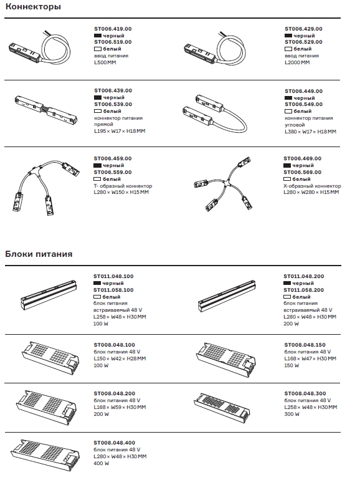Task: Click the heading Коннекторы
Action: pyautogui.click(x=33, y=7)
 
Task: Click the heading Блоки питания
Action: pyautogui.click(x=39, y=254)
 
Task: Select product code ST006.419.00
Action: pyautogui.click(x=113, y=29)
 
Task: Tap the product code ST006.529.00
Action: pyautogui.click(x=303, y=42)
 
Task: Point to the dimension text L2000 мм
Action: pyautogui.click(x=297, y=62)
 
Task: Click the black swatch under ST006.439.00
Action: pyautogui.click(x=98, y=98)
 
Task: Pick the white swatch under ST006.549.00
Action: pyautogui.click(x=288, y=111)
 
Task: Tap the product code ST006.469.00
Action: pyautogui.click(x=303, y=158)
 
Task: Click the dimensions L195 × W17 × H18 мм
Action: pyautogui.click(x=120, y=131)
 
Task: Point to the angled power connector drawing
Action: pyautogui.click(x=214, y=113)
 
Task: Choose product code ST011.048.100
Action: pyautogui.click(x=113, y=276)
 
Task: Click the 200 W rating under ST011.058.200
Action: pyautogui.click(x=291, y=324)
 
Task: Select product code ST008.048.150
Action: pyautogui.click(x=305, y=345)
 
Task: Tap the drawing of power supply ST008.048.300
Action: pyautogui.click(x=222, y=408)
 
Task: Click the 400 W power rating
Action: pyautogui.click(x=102, y=463)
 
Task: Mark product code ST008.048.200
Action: pyautogui.click(x=115, y=393)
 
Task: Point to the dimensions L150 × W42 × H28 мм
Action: pyautogui.click(x=120, y=358)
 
